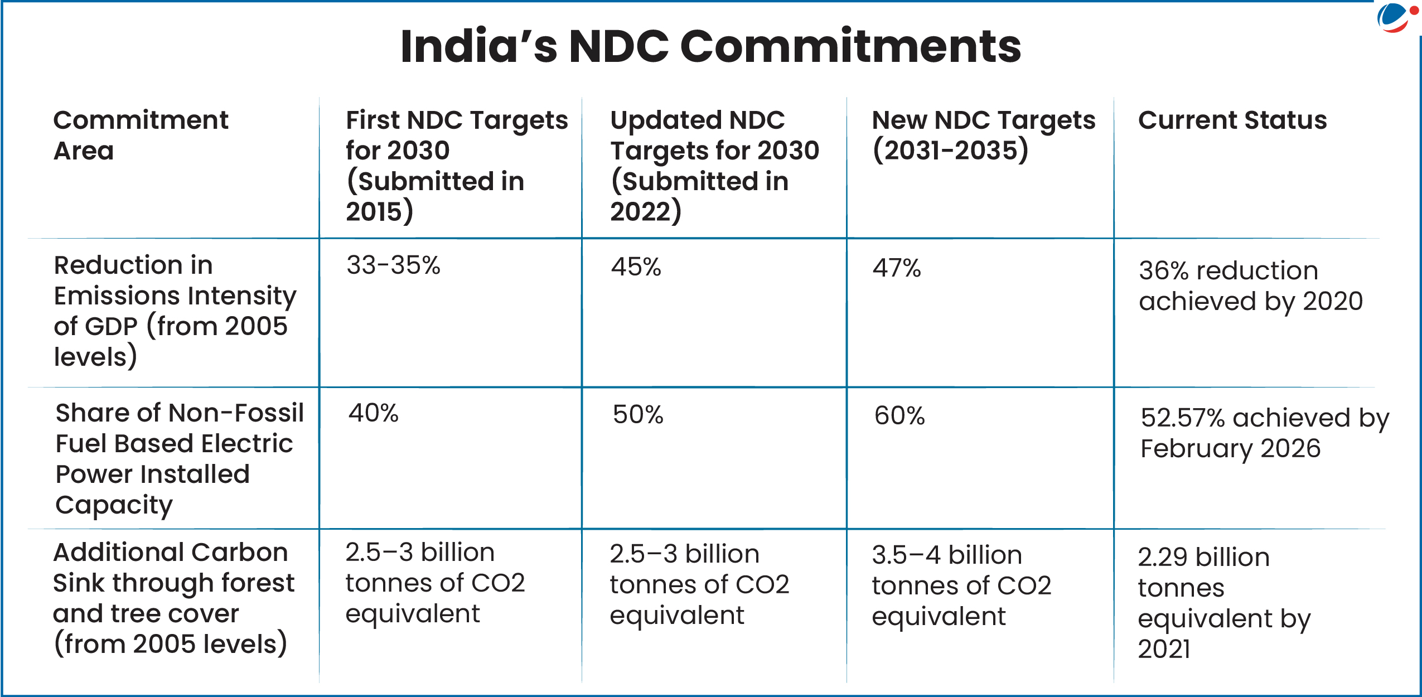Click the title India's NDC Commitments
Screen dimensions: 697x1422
(710, 46)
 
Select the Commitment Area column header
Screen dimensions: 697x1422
(140, 135)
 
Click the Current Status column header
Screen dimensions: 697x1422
(1232, 120)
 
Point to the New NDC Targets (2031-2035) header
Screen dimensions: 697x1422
(983, 135)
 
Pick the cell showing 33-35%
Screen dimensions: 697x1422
(393, 265)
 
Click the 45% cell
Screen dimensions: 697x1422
(636, 267)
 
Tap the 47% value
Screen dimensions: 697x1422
(896, 268)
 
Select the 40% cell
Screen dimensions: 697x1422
(373, 414)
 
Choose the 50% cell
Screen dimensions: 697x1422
(638, 415)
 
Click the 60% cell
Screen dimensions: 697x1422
(899, 416)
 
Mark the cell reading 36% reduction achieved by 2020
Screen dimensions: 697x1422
(1250, 286)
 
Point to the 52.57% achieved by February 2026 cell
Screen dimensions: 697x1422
(1264, 433)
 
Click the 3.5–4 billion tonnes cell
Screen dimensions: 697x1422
(961, 585)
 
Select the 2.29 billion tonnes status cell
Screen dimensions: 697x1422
(1223, 603)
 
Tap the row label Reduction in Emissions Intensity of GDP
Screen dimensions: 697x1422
(174, 311)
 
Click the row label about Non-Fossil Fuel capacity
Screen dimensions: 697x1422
(179, 458)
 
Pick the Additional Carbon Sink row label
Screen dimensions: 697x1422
(173, 598)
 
